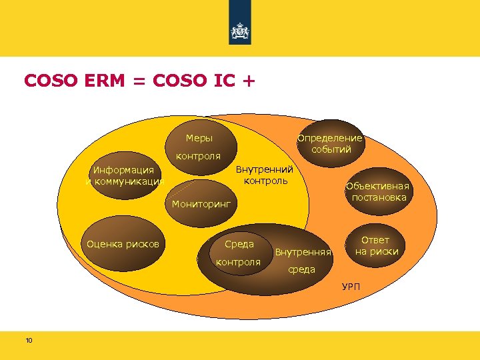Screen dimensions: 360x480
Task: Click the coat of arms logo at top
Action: [239, 31]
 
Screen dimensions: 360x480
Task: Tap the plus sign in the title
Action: [248, 81]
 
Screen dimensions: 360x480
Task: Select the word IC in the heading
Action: [225, 81]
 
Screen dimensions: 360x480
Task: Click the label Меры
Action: [199, 139]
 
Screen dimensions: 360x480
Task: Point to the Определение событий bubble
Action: [330, 143]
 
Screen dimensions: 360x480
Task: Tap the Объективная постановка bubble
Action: [377, 191]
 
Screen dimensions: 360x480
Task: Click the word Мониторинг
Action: [201, 203]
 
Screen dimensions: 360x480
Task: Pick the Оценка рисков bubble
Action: [123, 244]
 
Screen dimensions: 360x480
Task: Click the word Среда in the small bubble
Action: [239, 245]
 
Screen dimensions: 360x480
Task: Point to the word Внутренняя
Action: [303, 253]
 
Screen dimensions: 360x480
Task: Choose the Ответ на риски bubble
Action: [376, 246]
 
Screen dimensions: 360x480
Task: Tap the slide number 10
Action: [29, 341]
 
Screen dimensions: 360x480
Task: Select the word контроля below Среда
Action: [238, 262]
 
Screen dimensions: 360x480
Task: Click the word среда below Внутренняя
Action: [301, 269]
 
